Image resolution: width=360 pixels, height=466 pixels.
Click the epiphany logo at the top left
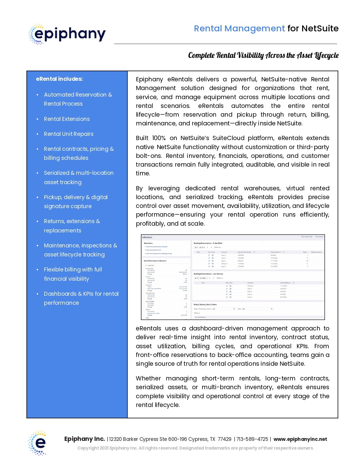tap(67, 34)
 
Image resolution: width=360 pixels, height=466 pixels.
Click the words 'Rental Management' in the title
tap(239, 29)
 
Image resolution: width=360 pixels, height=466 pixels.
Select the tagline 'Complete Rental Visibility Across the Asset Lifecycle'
tap(263, 55)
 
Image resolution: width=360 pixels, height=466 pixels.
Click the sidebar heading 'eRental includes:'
tap(59, 79)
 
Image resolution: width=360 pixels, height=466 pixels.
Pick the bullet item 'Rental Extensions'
tap(67, 119)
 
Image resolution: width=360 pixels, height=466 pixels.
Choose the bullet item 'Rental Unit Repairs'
tap(69, 134)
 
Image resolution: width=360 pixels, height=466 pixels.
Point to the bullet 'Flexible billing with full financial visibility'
tap(73, 274)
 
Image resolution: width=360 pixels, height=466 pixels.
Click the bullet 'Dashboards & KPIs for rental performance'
tap(81, 298)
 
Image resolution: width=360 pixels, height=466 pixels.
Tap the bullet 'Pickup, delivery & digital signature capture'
tap(76, 202)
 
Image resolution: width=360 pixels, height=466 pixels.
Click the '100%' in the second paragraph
tap(159, 138)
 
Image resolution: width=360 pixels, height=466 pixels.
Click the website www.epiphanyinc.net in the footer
tap(300, 439)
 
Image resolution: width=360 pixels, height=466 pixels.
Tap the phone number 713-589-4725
tap(252, 439)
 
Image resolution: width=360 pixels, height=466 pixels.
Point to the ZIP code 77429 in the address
tap(224, 439)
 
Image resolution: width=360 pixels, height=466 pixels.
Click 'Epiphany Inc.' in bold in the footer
tap(84, 439)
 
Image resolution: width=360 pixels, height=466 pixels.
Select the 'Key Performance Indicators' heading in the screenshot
tap(155, 261)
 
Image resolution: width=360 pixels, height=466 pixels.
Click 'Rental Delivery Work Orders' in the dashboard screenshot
tap(205, 304)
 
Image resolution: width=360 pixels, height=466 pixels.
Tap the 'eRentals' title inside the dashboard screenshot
tap(147, 237)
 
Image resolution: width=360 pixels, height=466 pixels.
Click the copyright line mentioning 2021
tap(195, 448)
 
